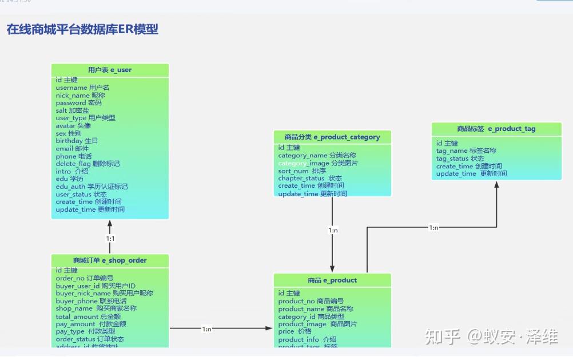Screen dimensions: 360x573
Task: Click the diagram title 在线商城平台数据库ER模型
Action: pyautogui.click(x=82, y=30)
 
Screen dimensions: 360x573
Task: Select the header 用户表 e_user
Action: pyautogui.click(x=110, y=70)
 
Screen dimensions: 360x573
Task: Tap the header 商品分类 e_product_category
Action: pyautogui.click(x=332, y=137)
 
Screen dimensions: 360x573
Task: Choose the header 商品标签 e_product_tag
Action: pyautogui.click(x=496, y=129)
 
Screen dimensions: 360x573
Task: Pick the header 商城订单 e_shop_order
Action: pyautogui.click(x=110, y=260)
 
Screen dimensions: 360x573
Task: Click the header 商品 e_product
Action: pyautogui.click(x=332, y=280)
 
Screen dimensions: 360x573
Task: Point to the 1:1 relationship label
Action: pyautogui.click(x=110, y=238)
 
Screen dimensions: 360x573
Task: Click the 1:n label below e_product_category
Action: pyautogui.click(x=333, y=230)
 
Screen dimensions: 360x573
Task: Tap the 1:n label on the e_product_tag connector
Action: pyautogui.click(x=433, y=227)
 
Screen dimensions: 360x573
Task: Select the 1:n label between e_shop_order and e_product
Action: pyautogui.click(x=207, y=329)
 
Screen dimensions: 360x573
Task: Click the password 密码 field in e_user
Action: pyautogui.click(x=78, y=103)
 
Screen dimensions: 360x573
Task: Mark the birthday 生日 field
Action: pyautogui.click(x=77, y=141)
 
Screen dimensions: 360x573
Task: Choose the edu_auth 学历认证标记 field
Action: pyautogui.click(x=91, y=187)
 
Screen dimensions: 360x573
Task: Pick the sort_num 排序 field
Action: pyautogui.click(x=302, y=171)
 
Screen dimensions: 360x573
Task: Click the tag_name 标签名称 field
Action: pyautogui.click(x=466, y=151)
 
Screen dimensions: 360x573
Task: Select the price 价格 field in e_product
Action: pyautogui.click(x=295, y=331)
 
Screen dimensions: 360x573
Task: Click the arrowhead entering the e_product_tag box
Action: pyautogui.click(x=496, y=185)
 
